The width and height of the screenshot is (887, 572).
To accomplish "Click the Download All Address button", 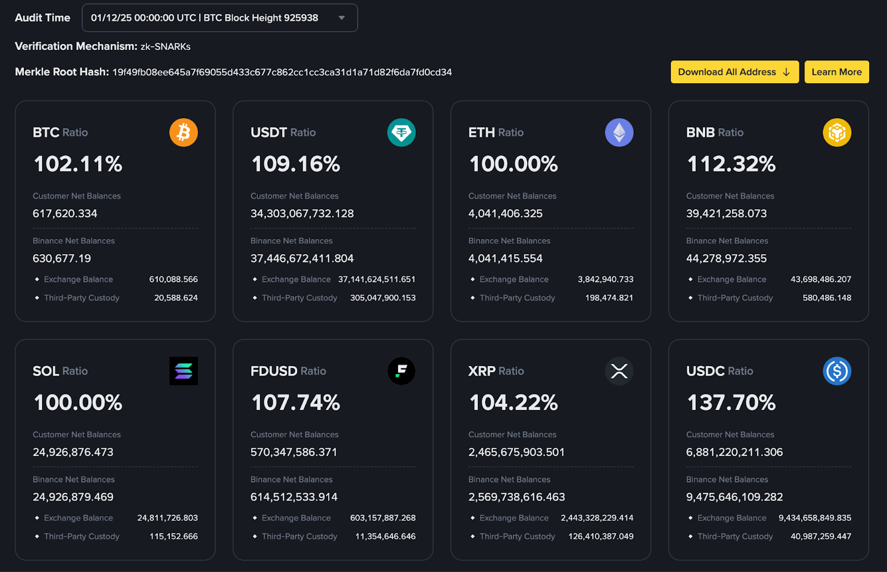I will (734, 72).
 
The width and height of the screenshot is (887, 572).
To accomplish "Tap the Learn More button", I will (837, 72).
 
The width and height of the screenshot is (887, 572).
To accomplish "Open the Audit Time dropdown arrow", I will (341, 18).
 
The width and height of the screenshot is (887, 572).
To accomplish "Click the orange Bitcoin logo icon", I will (183, 133).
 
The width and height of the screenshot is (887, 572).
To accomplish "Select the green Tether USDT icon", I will (401, 133).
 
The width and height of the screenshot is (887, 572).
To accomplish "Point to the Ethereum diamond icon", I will (619, 133).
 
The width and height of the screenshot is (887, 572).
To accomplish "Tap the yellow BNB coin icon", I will (837, 133).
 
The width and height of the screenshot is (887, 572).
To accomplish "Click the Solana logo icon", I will (183, 371).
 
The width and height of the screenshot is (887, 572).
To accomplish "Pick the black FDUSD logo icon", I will (401, 371).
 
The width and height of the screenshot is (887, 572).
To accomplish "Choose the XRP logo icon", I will (619, 371).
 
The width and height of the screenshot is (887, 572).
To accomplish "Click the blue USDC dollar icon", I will (837, 371).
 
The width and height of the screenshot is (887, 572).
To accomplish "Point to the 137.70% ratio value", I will (731, 403).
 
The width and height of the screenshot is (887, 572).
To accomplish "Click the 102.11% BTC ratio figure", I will (78, 164).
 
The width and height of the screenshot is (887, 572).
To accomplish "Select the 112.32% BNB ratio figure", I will (731, 164).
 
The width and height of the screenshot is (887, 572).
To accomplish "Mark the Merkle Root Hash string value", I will (282, 72).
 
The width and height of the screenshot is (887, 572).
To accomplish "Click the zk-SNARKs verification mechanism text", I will (165, 47).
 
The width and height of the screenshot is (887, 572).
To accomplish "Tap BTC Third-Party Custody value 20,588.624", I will (176, 298).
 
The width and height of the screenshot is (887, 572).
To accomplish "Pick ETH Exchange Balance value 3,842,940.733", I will (605, 280).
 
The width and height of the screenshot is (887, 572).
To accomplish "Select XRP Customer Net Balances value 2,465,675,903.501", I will (516, 452).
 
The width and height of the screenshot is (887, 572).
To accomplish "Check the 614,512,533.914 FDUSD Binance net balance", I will (294, 497).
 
